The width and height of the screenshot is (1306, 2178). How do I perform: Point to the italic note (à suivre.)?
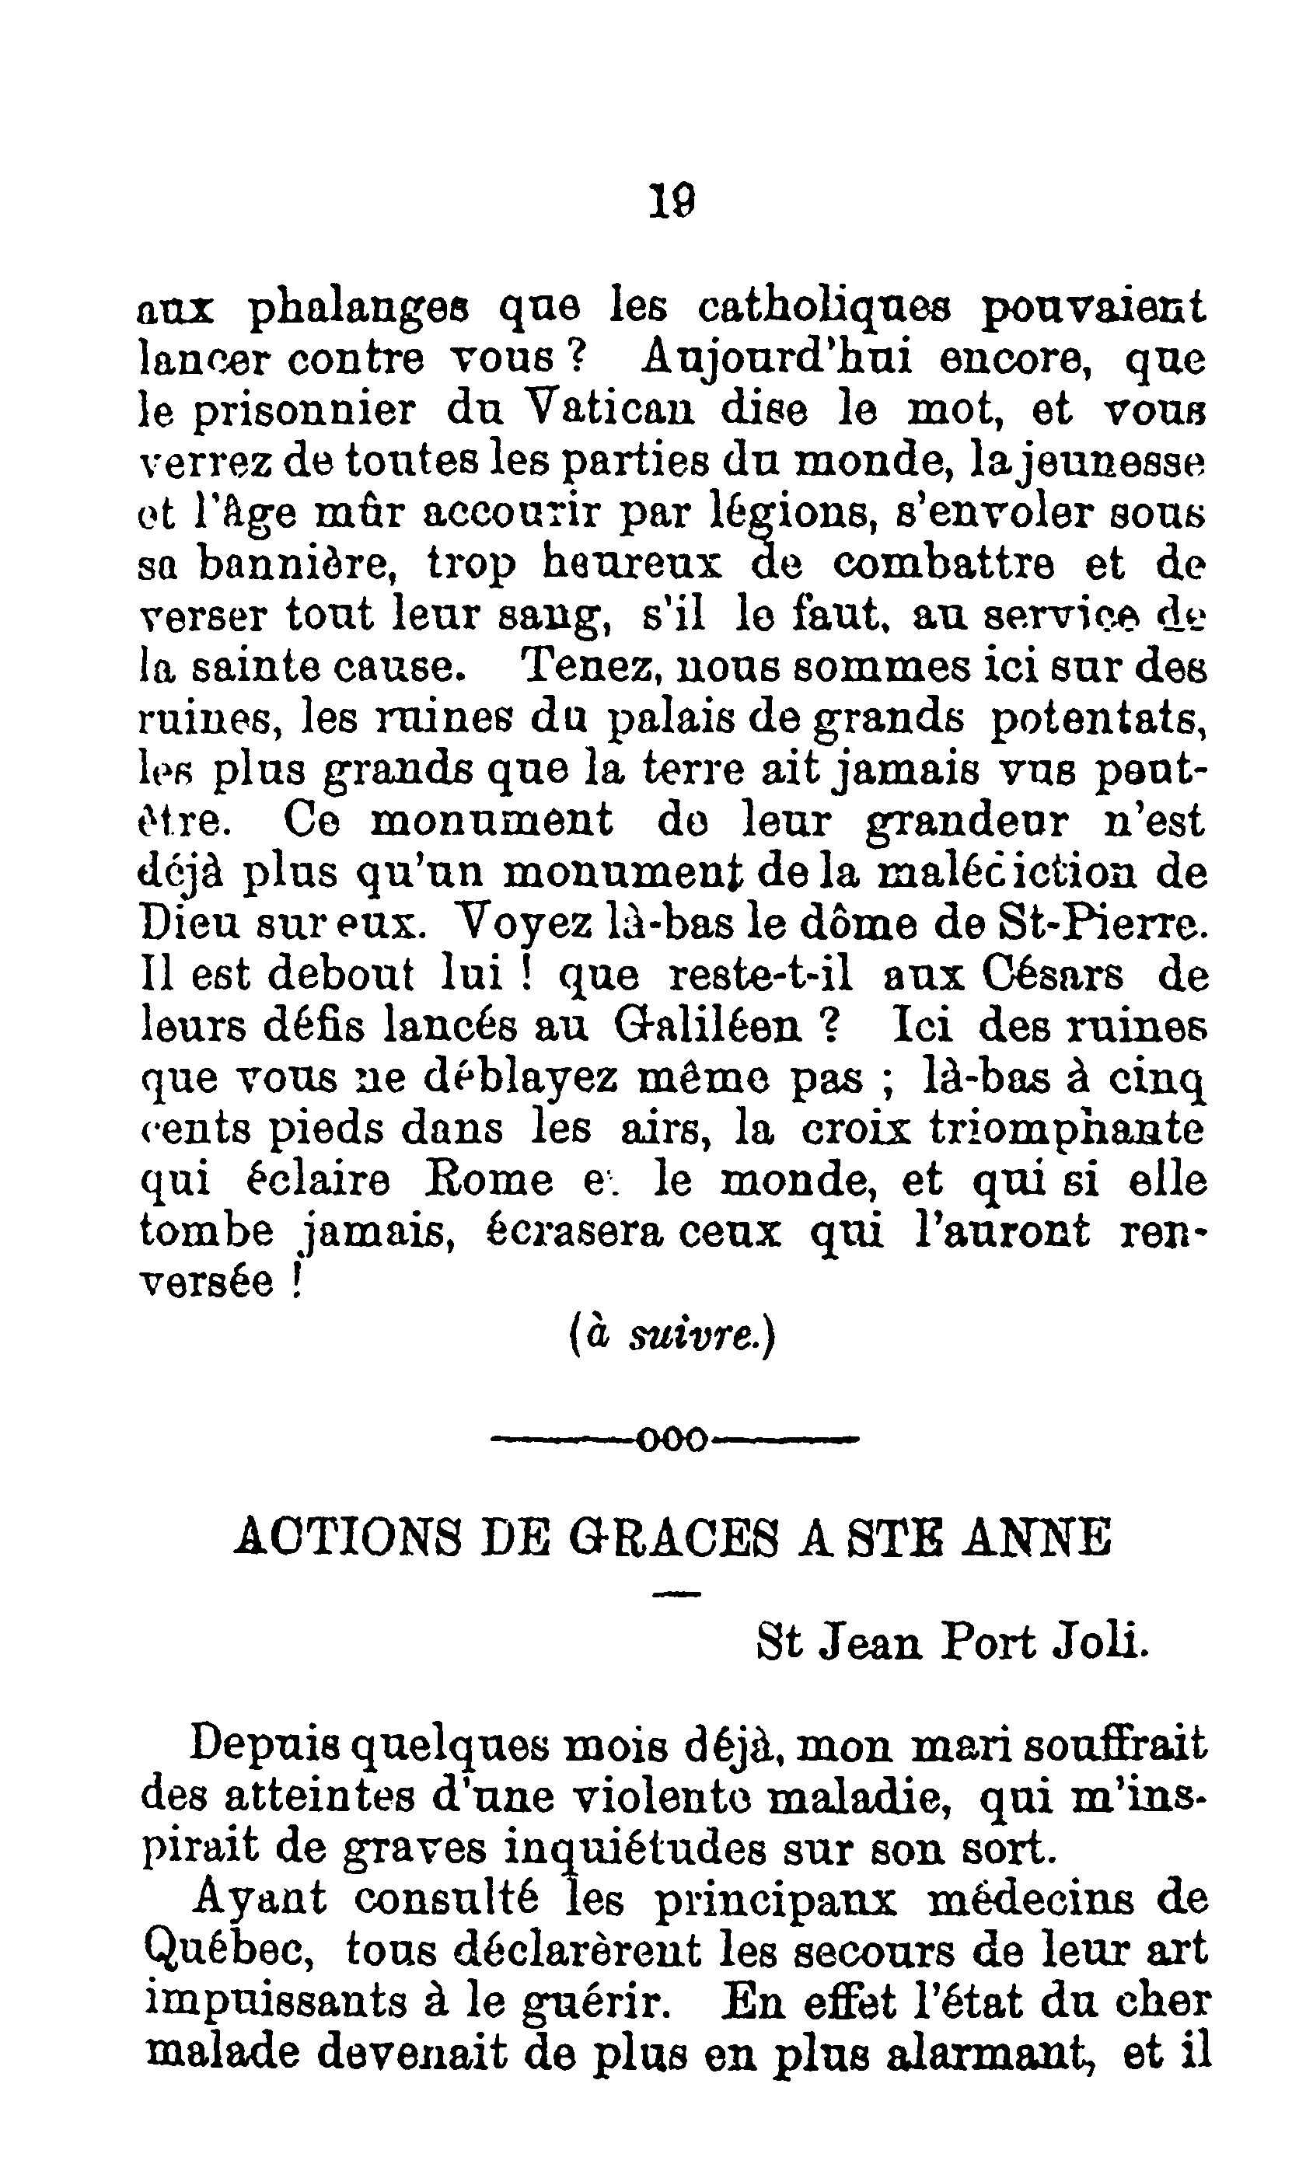pyautogui.click(x=671, y=1338)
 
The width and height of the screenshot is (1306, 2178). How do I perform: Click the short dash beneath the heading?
pyautogui.click(x=678, y=1593)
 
